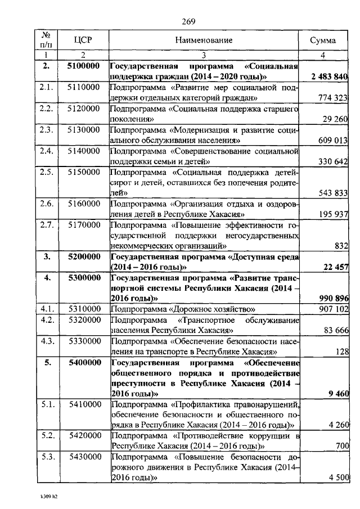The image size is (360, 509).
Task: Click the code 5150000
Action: tap(83, 172)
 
